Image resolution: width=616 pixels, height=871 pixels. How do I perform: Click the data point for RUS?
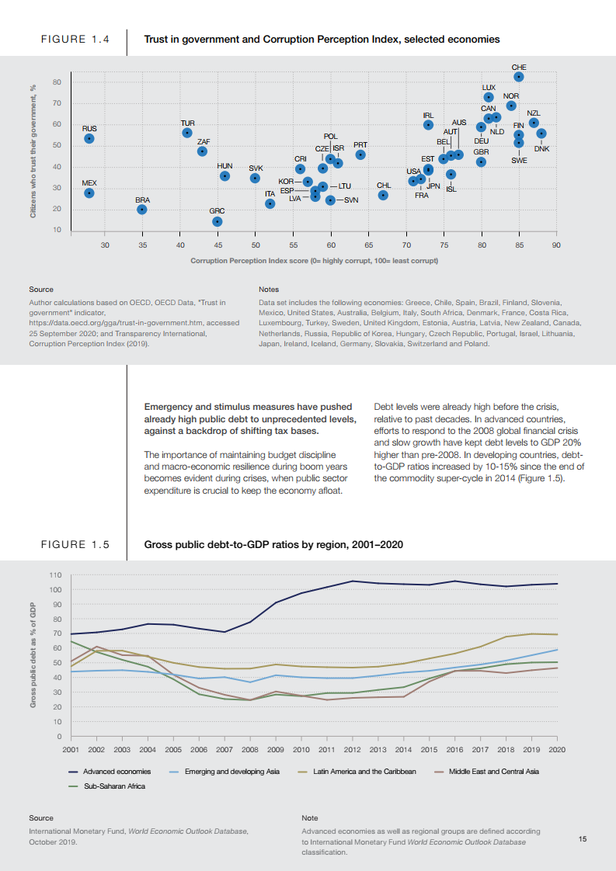[89, 138]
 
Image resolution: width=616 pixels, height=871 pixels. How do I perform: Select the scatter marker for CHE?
[519, 77]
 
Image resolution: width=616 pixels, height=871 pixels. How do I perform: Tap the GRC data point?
[218, 221]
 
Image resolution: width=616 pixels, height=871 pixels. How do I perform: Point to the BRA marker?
[142, 210]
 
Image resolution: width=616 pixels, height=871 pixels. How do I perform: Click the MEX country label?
[89, 182]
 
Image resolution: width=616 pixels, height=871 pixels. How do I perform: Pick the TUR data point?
[187, 133]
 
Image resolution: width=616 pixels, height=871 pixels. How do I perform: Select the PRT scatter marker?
[360, 154]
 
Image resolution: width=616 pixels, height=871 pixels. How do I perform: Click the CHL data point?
[383, 195]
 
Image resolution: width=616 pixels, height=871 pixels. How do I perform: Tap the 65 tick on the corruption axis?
[368, 245]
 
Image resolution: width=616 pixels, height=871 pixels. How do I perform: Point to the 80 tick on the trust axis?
[57, 82]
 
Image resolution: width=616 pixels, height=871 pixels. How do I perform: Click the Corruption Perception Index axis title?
[314, 261]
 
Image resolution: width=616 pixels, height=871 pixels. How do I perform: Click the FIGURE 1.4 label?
[75, 39]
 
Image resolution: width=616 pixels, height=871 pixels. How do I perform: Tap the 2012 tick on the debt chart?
[352, 749]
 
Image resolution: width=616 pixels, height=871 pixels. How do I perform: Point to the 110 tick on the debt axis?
[55, 575]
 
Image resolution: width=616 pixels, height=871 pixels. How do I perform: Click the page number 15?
[583, 839]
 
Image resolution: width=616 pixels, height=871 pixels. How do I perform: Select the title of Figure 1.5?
[273, 544]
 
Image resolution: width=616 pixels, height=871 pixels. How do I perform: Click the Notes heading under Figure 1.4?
[269, 290]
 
